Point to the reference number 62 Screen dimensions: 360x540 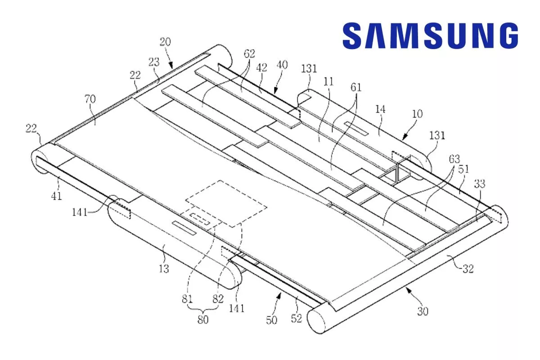[249, 54]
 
